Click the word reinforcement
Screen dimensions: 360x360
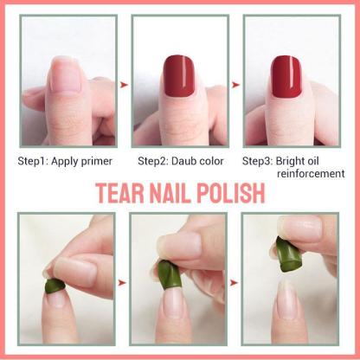(x=310, y=174)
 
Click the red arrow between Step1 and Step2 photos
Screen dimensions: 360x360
(x=124, y=84)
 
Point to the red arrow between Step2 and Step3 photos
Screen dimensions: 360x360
(x=235, y=84)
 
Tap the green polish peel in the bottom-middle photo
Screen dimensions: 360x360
(x=164, y=273)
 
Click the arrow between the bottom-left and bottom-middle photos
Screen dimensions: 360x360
(x=124, y=281)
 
